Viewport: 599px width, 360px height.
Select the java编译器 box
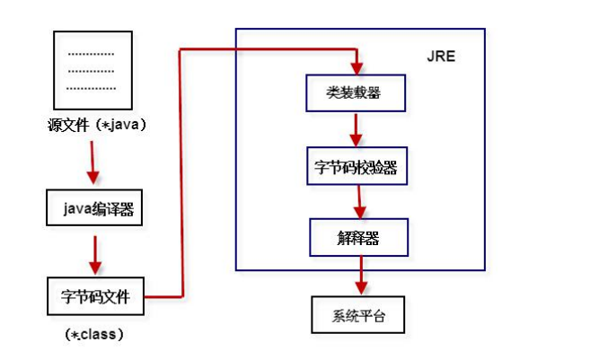click(x=94, y=210)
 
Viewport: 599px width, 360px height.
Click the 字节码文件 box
click(x=94, y=294)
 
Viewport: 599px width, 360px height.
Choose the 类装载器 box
click(x=357, y=92)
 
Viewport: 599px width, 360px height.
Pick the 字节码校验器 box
click(x=357, y=167)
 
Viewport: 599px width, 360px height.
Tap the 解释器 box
click(x=359, y=238)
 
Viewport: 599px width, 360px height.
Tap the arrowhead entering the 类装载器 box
click(x=357, y=67)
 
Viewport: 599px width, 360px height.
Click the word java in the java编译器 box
click(x=75, y=210)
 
